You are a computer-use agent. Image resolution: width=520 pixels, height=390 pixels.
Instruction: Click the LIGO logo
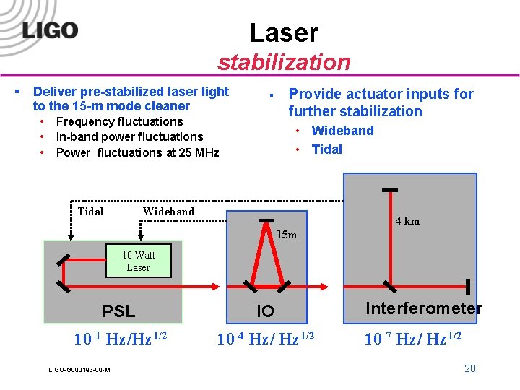coord(50,30)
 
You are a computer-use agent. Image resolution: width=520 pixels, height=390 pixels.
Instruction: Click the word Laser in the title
coord(284,32)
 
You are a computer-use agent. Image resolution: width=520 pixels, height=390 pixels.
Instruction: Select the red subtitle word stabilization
coord(284,62)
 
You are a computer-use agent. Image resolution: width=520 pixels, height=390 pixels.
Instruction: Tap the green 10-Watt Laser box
coord(138,261)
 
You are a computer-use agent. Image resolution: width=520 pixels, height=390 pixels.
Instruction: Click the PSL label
coord(118,311)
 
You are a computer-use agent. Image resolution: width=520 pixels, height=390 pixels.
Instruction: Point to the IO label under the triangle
coord(266,311)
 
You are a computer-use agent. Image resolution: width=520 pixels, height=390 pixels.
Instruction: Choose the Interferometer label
coord(424,308)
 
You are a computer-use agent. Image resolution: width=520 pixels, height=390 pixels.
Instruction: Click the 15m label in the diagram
coord(287,235)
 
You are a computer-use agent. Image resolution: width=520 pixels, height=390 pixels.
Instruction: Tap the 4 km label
coord(407,221)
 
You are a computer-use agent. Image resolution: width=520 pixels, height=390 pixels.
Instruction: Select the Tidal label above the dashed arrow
coord(90,212)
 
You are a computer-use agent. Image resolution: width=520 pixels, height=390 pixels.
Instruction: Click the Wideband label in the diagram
coord(168,212)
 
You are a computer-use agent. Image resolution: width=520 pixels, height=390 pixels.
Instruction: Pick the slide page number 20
coord(469,368)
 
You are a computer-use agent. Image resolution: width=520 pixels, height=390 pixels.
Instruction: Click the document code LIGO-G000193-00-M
coord(79,370)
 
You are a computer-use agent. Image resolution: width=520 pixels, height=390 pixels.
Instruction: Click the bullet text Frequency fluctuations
coord(119,121)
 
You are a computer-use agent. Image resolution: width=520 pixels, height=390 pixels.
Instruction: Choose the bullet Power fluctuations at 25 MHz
coord(137,152)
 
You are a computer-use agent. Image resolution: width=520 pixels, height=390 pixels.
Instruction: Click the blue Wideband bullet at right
coord(342,131)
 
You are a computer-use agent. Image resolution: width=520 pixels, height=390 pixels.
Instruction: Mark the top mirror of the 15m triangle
coord(266,220)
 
